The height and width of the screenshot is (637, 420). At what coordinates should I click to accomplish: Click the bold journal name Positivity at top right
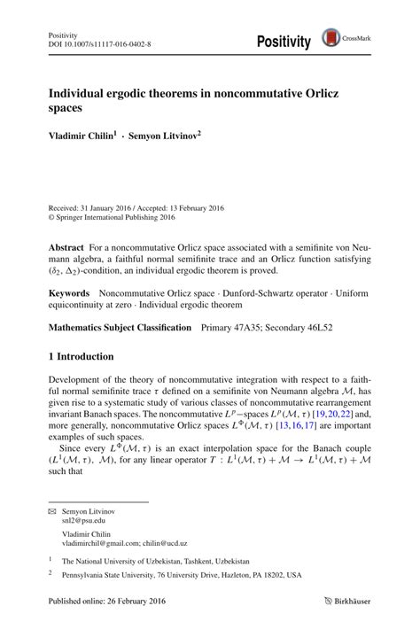coord(284,42)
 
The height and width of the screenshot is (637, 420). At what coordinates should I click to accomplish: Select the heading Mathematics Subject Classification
coord(120,327)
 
